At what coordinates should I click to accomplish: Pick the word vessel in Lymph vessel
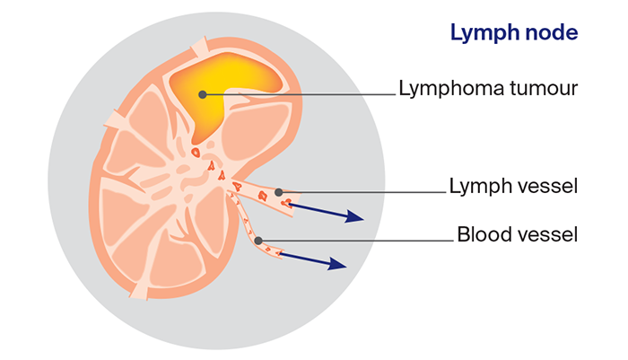(x=544, y=188)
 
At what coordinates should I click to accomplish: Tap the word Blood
(x=481, y=235)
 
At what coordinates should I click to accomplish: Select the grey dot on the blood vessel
(x=258, y=241)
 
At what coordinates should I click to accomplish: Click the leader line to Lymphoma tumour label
(x=305, y=92)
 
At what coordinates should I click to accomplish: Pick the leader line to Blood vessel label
(x=359, y=241)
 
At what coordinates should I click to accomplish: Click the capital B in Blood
(x=463, y=235)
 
